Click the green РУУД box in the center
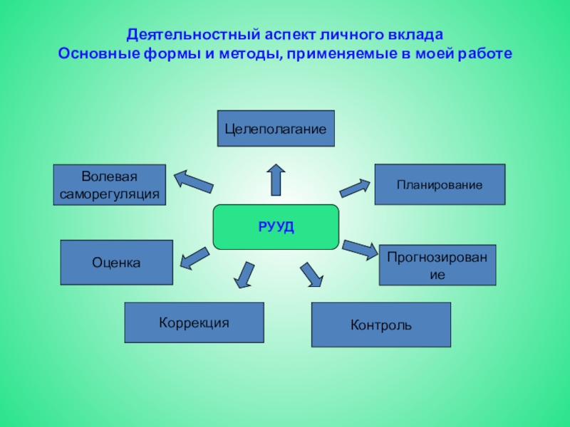point(276,227)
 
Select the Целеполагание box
point(276,129)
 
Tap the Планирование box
point(440,184)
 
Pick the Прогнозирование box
point(437,265)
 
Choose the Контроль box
point(380,325)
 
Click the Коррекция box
point(194,322)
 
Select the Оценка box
point(116,263)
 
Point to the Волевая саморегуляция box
point(110,185)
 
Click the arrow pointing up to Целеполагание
point(276,179)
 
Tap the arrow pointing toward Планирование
point(355,187)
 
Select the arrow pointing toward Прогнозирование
point(360,248)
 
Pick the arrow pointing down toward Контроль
point(311,275)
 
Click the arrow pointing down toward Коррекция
point(245,275)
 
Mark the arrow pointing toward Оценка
point(194,257)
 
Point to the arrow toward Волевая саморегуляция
point(194,181)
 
